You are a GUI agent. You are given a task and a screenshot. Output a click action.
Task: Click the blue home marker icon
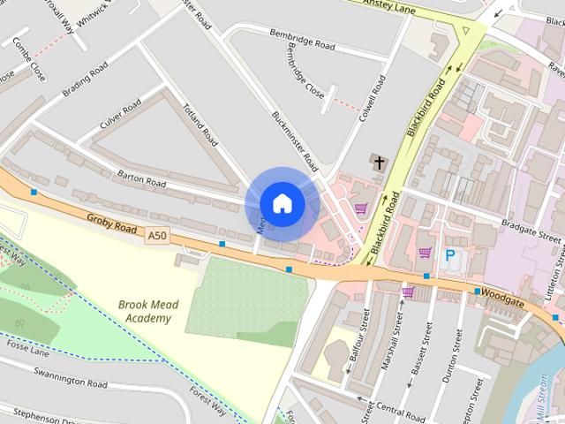click(x=282, y=203)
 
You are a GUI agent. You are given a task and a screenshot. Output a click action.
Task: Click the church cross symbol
click(x=379, y=163)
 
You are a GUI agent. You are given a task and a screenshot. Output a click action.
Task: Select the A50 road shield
click(x=157, y=235)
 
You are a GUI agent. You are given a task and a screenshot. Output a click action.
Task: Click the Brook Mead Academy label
click(x=148, y=311)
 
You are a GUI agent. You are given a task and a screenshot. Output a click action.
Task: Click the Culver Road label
click(x=120, y=115)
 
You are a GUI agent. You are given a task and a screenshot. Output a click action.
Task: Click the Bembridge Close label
click(x=305, y=70)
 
